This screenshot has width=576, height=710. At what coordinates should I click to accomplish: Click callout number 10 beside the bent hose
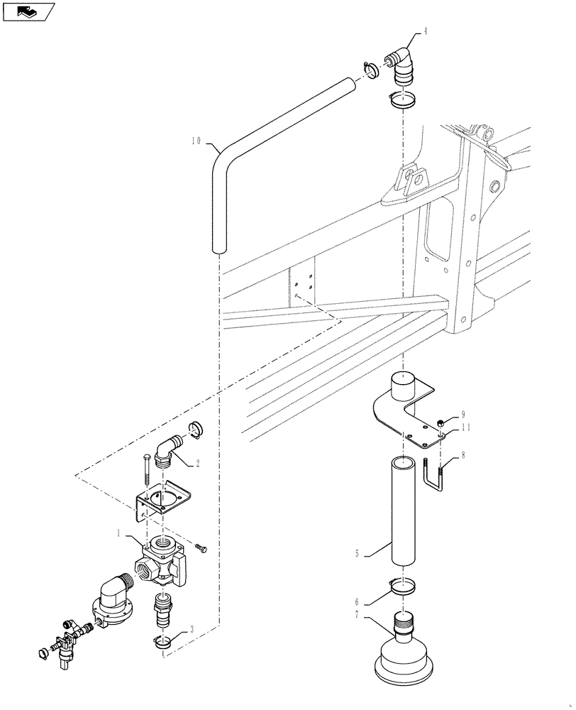pyautogui.click(x=197, y=141)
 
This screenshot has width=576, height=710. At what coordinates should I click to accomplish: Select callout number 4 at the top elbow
pyautogui.click(x=426, y=31)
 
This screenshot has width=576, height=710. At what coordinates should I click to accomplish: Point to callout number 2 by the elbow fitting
pyautogui.click(x=197, y=463)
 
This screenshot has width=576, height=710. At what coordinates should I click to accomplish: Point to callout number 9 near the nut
pyautogui.click(x=463, y=414)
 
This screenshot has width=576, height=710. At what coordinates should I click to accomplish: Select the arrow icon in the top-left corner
pyautogui.click(x=28, y=11)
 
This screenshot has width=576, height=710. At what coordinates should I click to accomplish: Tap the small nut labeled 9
pyautogui.click(x=442, y=420)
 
